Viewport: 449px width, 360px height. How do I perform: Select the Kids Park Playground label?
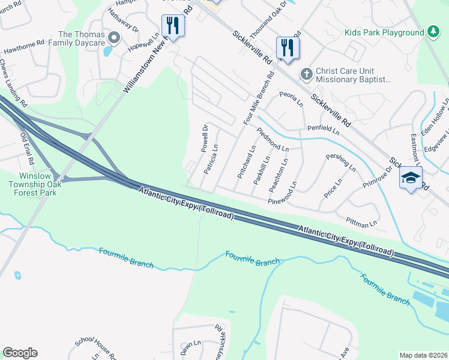384,32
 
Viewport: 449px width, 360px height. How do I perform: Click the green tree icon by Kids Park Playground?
432,32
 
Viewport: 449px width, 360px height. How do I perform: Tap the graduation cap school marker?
411,178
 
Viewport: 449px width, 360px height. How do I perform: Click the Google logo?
20,353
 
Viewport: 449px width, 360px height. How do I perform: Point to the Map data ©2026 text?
423,355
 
